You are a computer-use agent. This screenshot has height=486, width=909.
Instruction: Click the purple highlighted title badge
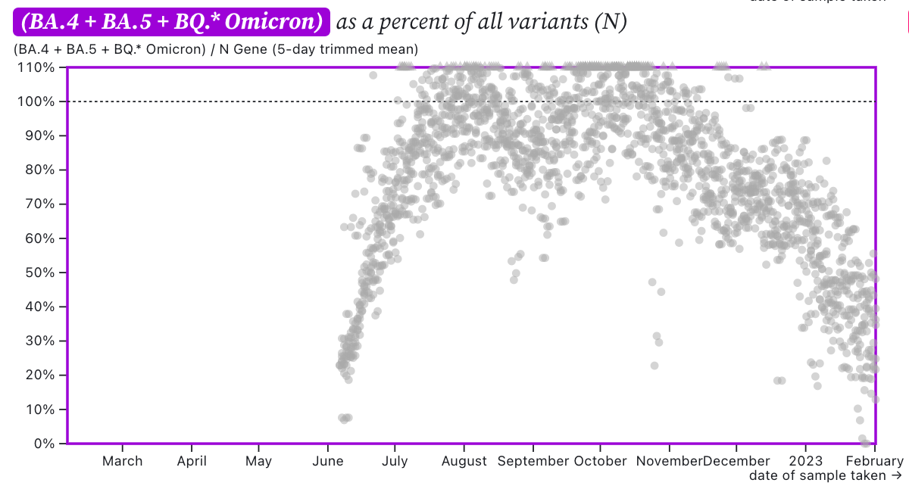(x=171, y=23)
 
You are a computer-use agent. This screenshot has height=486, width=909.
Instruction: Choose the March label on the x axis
(x=122, y=460)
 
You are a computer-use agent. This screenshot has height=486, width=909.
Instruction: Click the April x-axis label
(x=192, y=460)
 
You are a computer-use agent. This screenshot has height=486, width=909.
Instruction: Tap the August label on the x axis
(x=464, y=460)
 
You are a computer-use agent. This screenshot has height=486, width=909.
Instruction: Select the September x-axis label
(x=534, y=460)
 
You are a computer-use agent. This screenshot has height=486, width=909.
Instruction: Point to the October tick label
(x=600, y=460)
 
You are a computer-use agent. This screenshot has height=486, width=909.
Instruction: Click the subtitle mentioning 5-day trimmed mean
(x=216, y=50)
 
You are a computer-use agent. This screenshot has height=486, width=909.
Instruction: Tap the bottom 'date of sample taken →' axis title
(x=826, y=475)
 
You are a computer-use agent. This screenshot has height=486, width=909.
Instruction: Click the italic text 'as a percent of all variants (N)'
(x=482, y=23)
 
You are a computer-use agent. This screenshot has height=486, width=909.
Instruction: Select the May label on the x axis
(x=259, y=460)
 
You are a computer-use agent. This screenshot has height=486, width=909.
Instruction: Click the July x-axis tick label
(x=394, y=460)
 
